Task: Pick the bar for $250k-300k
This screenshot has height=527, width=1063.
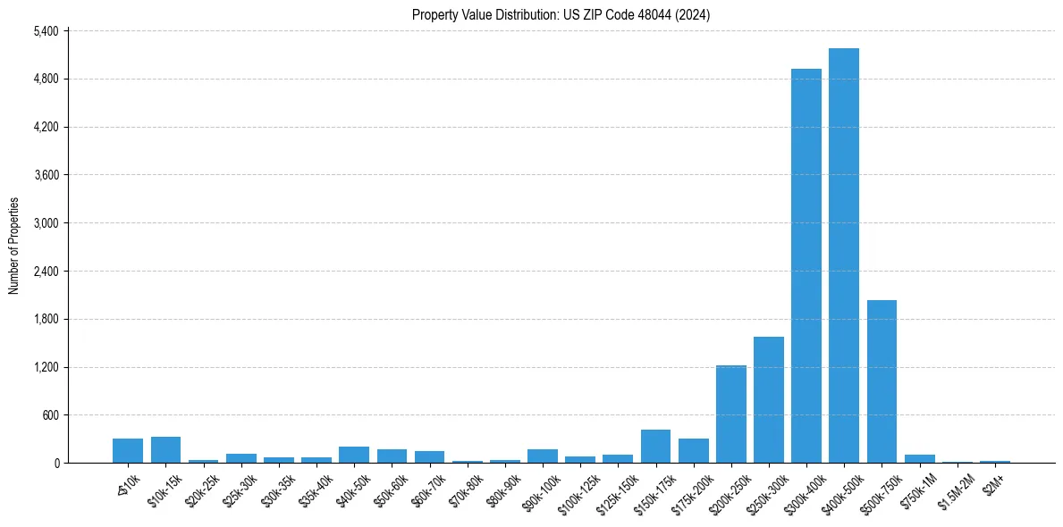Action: coord(768,400)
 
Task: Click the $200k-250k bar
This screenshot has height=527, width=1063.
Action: coord(730,414)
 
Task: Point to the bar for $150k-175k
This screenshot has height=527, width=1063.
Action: coord(655,447)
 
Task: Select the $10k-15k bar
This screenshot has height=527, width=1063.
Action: coord(165,450)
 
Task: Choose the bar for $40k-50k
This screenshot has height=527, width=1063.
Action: coord(354,455)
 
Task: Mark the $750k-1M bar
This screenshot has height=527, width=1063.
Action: coord(919,459)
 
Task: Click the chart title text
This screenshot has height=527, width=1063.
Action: coord(561,14)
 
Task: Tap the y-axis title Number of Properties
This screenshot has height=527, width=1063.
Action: coord(14,247)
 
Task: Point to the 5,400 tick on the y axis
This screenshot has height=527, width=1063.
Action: coord(45,31)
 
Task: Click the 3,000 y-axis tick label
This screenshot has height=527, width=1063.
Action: coord(45,223)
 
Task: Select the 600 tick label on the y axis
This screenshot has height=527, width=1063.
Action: coord(49,415)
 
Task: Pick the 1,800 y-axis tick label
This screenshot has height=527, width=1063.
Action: coord(45,319)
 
